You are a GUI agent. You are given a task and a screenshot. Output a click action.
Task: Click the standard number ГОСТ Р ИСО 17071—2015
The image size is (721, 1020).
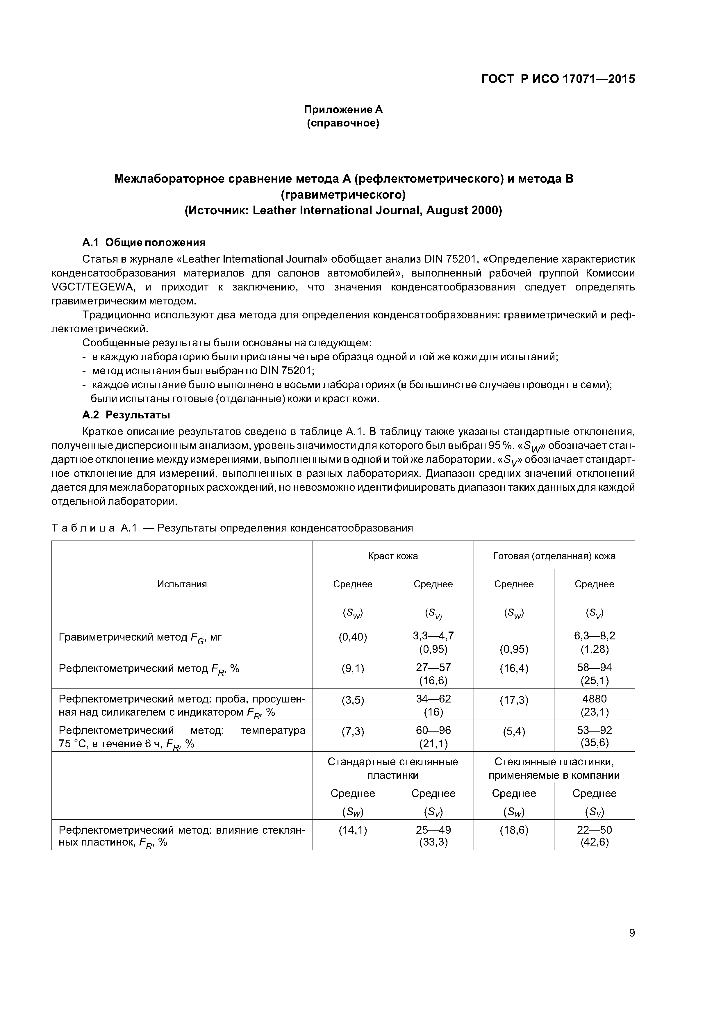point(558,79)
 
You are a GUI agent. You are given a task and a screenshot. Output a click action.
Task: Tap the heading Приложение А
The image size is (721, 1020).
point(343,109)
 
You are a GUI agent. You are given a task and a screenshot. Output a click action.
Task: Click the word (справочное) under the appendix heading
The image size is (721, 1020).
point(343,123)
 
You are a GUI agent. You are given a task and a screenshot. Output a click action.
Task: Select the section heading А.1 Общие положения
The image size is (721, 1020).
point(144,242)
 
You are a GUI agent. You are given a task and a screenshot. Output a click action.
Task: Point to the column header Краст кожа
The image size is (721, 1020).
point(393,556)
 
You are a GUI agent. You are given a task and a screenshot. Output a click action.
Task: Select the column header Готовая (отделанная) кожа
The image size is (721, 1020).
point(554,556)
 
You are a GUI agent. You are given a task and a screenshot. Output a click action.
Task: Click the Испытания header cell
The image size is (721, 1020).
point(182,584)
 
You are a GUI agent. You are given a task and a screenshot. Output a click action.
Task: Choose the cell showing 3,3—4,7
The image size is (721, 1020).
point(433,636)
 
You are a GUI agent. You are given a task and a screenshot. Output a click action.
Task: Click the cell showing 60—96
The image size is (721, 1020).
point(433,730)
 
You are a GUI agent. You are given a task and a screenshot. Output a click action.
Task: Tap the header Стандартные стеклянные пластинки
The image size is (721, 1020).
point(393,768)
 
